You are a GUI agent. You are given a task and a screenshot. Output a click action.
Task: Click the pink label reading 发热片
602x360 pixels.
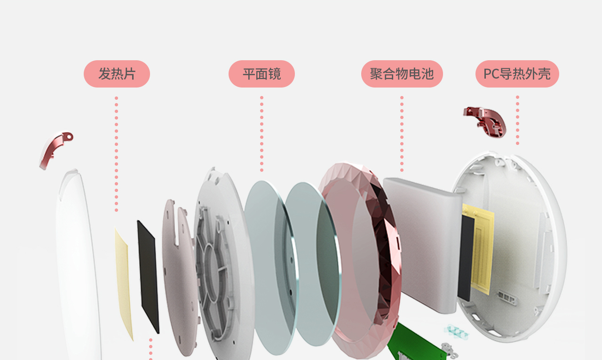pyautogui.click(x=117, y=74)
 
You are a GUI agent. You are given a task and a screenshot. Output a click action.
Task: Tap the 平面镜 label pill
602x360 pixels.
pyautogui.click(x=261, y=74)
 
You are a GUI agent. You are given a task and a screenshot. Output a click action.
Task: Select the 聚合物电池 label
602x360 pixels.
pyautogui.click(x=402, y=74)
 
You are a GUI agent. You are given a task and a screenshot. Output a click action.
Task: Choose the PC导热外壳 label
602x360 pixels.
pyautogui.click(x=517, y=74)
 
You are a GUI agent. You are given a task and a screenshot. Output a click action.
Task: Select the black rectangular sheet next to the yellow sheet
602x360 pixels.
pyautogui.click(x=148, y=275)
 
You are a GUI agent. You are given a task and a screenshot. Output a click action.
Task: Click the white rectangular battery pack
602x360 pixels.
pyautogui.click(x=423, y=245)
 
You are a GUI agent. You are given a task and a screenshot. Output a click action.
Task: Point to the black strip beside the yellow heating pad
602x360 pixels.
pyautogui.click(x=465, y=259)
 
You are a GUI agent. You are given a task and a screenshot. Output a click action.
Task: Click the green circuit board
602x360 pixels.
pyautogui.click(x=414, y=344)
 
